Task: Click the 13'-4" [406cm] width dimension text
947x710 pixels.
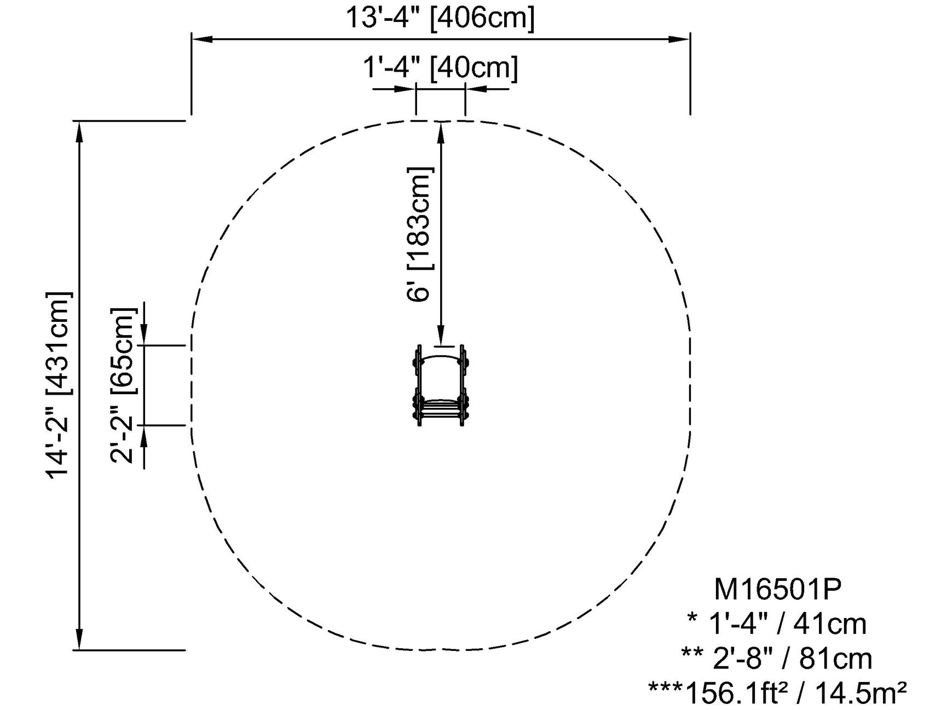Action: (440, 18)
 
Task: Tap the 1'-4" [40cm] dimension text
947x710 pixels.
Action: (440, 68)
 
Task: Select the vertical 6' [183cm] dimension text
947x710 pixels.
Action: (420, 234)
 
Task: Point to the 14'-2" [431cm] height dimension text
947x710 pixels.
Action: (59, 385)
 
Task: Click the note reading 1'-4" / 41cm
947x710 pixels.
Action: (788, 624)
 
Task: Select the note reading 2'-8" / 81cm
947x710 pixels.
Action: (792, 659)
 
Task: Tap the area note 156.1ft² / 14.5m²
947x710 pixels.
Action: (795, 693)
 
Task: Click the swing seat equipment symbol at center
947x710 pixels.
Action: (441, 385)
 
